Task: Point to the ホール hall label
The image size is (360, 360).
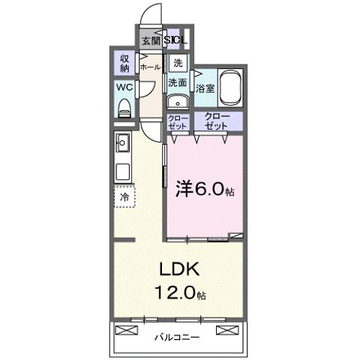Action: pyautogui.click(x=149, y=66)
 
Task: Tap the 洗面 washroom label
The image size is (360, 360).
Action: pyautogui.click(x=177, y=83)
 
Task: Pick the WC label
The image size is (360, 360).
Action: pyautogui.click(x=124, y=87)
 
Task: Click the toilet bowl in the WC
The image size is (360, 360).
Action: pyautogui.click(x=124, y=106)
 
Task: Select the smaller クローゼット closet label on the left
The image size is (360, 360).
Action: pyautogui.click(x=177, y=122)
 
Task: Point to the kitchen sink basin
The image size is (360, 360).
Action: pyautogui.click(x=123, y=142)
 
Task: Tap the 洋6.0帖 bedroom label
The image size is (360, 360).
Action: pyautogui.click(x=205, y=189)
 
